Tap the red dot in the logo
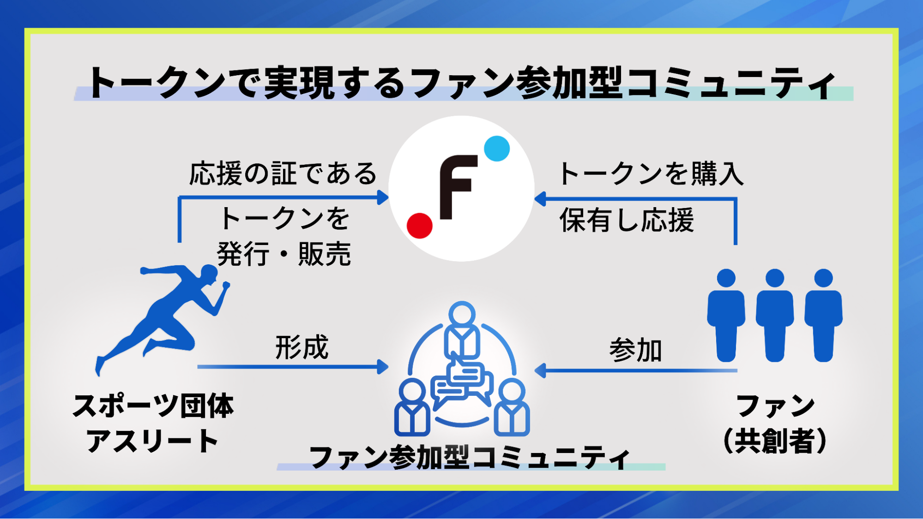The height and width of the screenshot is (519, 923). pos(419,226)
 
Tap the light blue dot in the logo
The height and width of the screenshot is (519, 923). pos(497,149)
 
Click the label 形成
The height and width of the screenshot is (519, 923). pos(302,347)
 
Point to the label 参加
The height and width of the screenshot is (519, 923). pos(635,350)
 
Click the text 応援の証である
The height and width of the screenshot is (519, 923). pos(283,174)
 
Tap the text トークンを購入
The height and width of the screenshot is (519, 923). pos(651,174)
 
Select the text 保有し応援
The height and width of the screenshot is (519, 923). pos(627,220)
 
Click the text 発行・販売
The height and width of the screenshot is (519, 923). pos(284,254)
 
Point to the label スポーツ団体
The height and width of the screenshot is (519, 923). pos(153,406)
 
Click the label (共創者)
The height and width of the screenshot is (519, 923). pos(775,441)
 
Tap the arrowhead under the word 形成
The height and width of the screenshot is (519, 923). pos(383,367)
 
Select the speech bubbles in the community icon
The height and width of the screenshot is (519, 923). pos(462,383)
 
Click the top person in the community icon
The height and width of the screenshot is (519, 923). pos(462,330)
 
